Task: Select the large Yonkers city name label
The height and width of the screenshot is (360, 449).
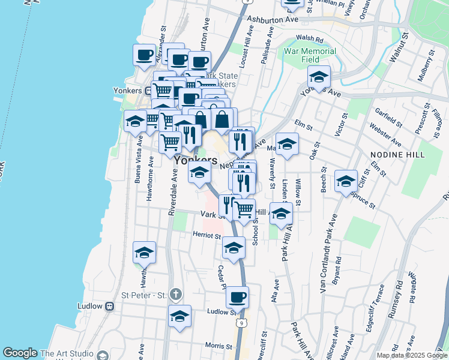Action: pos(196,161)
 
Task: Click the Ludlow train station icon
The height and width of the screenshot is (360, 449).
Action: pos(109,306)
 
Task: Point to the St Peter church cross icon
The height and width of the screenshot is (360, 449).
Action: pos(175,294)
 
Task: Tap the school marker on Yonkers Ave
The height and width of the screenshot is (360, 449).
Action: pos(319,77)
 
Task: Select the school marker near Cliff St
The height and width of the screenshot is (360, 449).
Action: pos(346,181)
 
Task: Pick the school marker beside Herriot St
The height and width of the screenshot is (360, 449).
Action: pos(234,247)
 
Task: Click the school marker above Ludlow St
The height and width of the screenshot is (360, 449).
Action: pos(179,316)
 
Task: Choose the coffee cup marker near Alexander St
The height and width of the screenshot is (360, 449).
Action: pos(144,55)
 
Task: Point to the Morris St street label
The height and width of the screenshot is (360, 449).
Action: pos(218,346)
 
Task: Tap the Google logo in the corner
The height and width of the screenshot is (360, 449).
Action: pos(20,353)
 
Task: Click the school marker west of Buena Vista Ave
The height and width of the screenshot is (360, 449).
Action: pos(136,121)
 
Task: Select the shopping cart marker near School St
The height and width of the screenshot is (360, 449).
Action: pos(244,210)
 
